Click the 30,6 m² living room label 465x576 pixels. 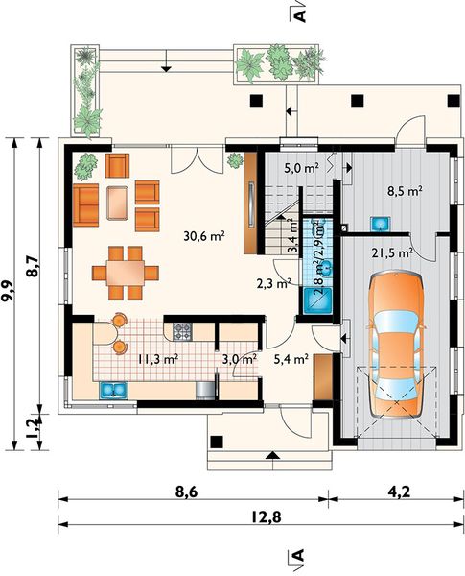pos(204,236)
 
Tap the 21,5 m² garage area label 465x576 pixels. pos(392,252)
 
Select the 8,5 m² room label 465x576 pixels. pos(405,191)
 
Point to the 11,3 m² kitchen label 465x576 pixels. pos(158,358)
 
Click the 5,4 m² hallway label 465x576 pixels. pos(291,358)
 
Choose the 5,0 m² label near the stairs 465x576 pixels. pos(301,168)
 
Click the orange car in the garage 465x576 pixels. pos(397,344)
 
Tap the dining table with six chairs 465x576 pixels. pos(126,273)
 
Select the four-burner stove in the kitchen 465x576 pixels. pos(182,331)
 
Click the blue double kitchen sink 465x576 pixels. pos(113,391)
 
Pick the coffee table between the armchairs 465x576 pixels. pos(117,203)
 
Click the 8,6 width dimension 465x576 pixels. pos(186,492)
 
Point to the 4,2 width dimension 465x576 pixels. pos(398,492)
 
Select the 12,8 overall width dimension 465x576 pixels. pos(267,517)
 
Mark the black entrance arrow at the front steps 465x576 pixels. pos(271,455)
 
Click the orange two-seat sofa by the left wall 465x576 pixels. pos(86,205)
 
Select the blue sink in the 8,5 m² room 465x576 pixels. pos(381,224)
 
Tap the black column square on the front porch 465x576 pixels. pos(217,442)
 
